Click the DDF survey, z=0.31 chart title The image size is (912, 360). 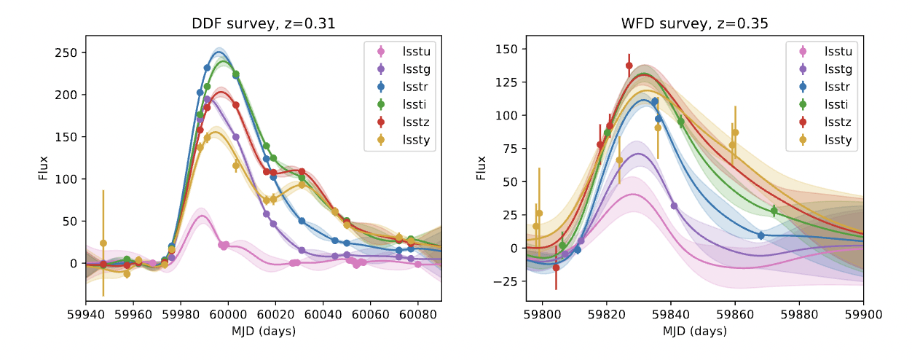263,24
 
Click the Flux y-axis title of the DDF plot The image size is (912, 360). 44,168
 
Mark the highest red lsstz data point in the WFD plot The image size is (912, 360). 629,66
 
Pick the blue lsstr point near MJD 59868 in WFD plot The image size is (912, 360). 760,235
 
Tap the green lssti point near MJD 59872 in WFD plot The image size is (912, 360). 774,211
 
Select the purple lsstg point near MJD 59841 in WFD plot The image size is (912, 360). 674,206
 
